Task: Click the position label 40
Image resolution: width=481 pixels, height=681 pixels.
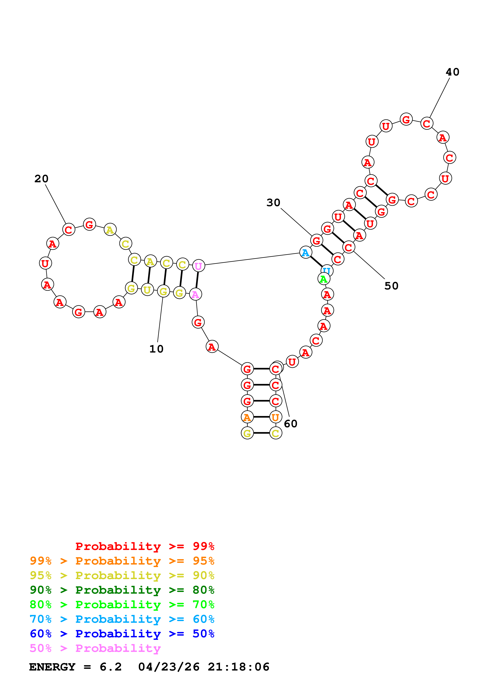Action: point(452,72)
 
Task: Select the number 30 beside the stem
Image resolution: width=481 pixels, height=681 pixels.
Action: point(273,203)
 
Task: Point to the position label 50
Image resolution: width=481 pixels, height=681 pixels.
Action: point(391,286)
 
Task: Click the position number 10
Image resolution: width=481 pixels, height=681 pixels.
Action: point(156,349)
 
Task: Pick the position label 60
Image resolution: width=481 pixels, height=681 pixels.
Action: point(290,424)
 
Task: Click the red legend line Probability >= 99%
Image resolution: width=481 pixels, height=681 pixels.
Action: point(145,546)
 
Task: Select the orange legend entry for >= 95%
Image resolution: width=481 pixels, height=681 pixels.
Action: point(122,561)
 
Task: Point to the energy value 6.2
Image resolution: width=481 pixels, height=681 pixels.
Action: point(111,667)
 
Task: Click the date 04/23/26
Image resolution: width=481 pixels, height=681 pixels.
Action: point(169,667)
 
